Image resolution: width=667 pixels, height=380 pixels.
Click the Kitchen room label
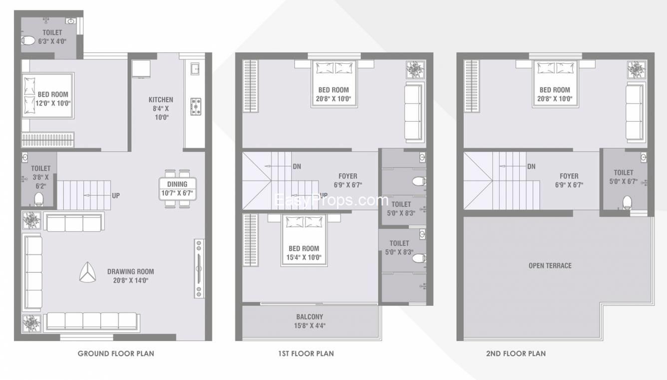[x=161, y=100]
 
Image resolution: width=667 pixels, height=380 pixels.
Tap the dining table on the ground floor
[x=177, y=189]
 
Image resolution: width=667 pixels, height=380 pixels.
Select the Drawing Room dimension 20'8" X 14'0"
[x=130, y=280]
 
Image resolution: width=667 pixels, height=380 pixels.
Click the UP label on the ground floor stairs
[x=116, y=195]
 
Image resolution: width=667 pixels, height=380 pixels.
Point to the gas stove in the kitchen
[x=196, y=107]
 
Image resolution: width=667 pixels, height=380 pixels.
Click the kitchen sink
[x=195, y=69]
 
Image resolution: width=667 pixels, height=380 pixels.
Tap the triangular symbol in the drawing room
[x=87, y=272]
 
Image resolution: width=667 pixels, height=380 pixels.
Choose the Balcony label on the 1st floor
[x=310, y=317]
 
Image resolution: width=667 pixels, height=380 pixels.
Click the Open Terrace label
[x=550, y=266]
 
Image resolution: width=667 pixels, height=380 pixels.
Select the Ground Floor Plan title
[x=116, y=354]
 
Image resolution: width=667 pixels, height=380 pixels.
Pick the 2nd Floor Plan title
[x=516, y=354]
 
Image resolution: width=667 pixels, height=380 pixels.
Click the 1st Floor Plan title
[x=306, y=354]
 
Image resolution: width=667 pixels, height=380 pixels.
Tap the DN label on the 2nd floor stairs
[x=531, y=167]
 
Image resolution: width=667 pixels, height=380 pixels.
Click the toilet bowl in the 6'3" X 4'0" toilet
[x=28, y=40]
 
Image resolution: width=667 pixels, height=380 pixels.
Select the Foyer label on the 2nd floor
[x=569, y=177]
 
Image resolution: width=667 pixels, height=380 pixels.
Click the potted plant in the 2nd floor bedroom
[x=636, y=70]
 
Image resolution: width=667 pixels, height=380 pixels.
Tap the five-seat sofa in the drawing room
[x=92, y=322]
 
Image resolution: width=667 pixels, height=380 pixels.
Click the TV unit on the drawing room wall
[x=199, y=268]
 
